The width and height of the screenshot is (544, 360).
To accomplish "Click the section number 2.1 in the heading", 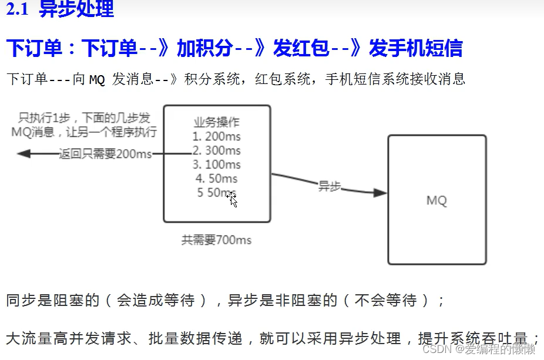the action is (17, 10).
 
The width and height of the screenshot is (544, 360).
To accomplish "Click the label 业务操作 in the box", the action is (217, 123).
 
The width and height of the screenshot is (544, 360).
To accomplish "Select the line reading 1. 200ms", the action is (217, 137).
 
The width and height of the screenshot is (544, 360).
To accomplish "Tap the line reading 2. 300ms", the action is (217, 150).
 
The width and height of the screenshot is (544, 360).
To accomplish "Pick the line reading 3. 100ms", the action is (217, 164).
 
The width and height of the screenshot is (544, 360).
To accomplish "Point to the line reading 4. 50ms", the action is (217, 178).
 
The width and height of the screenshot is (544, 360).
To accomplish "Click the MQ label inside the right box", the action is (436, 201).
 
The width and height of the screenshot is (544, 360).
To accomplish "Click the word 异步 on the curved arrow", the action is (330, 186).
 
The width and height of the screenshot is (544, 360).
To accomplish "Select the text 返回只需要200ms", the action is (105, 154).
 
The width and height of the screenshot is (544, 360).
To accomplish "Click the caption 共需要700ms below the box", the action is (217, 240).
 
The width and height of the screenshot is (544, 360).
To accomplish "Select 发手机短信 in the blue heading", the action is (415, 49).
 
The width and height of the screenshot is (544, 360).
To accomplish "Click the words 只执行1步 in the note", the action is (45, 118).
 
